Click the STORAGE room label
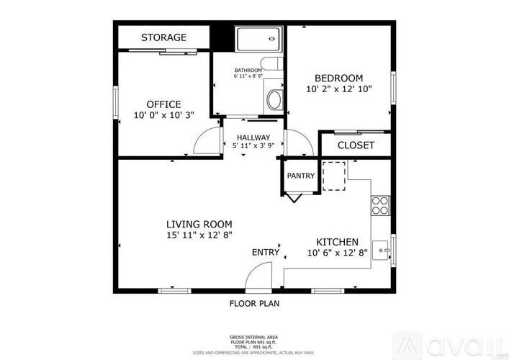coord(163,37)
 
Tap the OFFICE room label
coord(163,104)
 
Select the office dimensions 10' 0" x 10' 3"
coord(163,115)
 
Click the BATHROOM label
coord(248,70)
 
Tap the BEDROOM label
coord(338,78)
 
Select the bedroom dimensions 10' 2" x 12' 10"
coord(338,90)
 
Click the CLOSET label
coord(356,145)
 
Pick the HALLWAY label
coord(252,138)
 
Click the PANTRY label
coord(299,176)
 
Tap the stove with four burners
coord(379,205)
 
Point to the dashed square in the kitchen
coord(334,176)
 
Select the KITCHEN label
coord(338,242)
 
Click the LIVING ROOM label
coord(199,223)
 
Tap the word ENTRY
coord(265,252)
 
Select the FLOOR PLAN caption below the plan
coord(254,304)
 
